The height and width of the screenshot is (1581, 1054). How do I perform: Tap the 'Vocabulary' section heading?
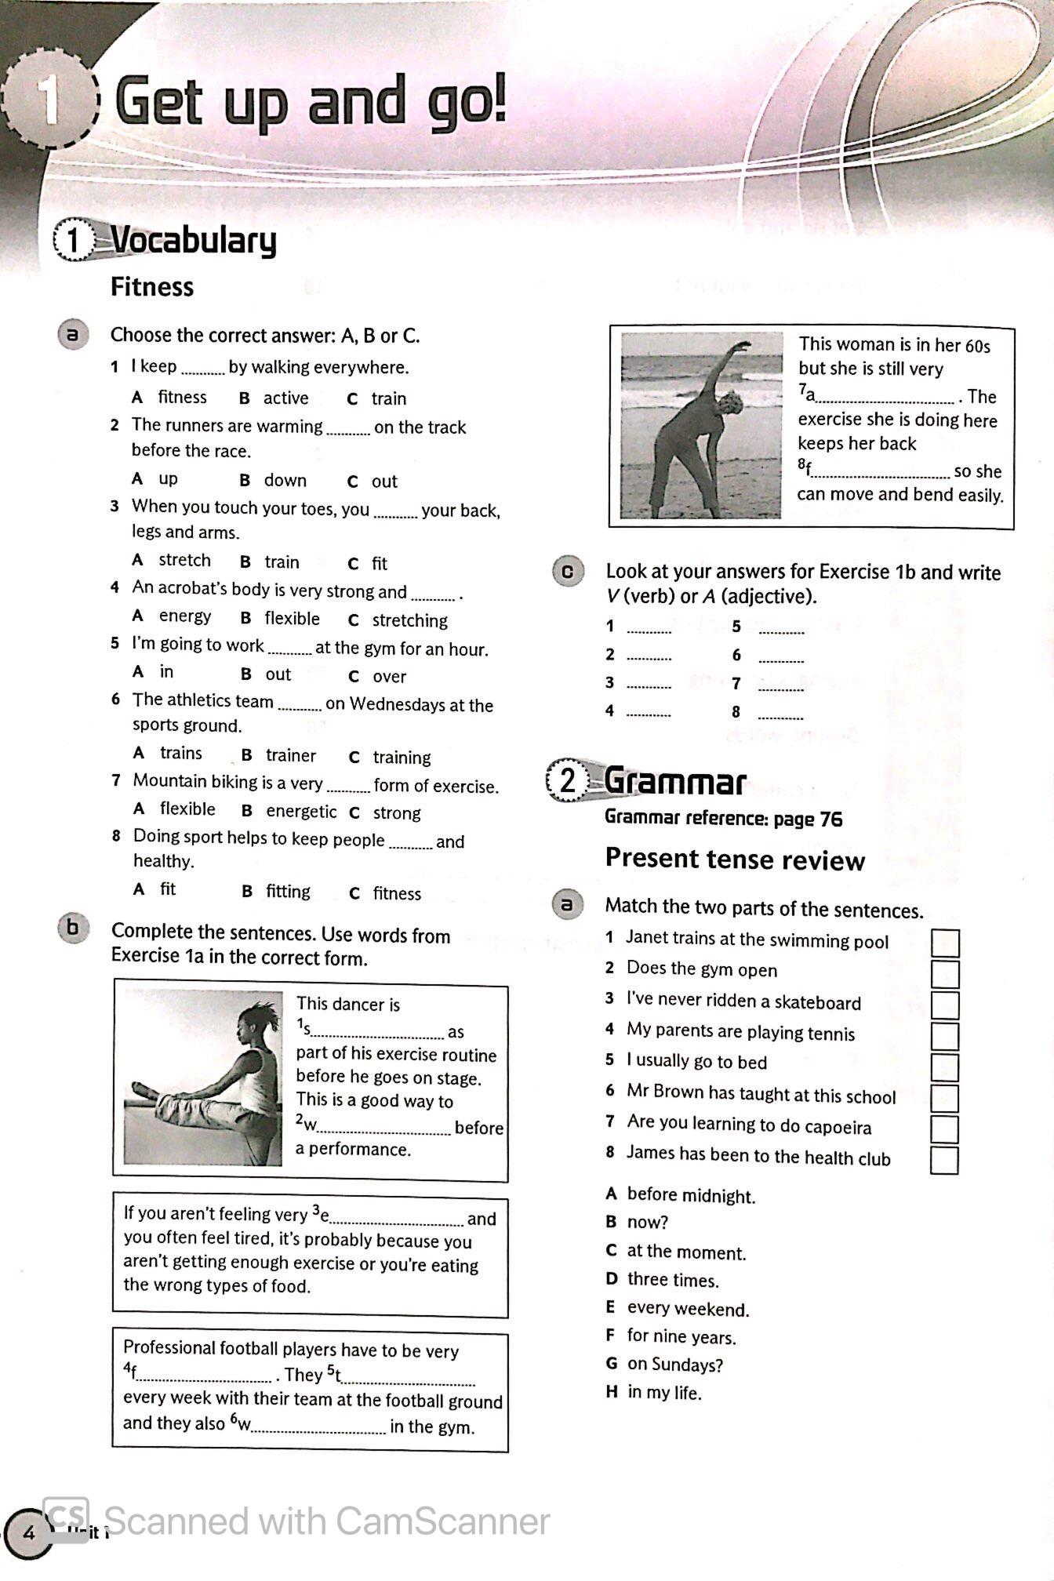click(x=194, y=240)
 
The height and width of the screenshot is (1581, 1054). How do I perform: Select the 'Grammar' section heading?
click(x=674, y=781)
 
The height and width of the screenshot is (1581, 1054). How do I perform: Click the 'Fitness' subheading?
click(x=152, y=287)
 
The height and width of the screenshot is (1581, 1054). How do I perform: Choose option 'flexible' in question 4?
click(x=292, y=619)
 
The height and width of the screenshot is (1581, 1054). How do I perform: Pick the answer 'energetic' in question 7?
click(x=301, y=811)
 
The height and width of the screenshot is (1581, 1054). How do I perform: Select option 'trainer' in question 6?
click(x=290, y=755)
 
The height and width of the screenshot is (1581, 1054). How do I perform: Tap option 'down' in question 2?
click(x=285, y=480)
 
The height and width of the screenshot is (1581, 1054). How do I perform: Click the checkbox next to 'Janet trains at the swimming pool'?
click(x=945, y=943)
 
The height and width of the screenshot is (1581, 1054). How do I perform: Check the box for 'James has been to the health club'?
click(x=944, y=1160)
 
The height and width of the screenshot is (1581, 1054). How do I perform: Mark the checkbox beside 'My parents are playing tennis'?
click(x=945, y=1036)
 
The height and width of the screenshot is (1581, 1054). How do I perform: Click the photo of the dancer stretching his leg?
click(x=203, y=1078)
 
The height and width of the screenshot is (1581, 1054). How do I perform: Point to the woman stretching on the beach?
click(x=700, y=425)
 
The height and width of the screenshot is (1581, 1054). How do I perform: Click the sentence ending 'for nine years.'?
click(x=681, y=1336)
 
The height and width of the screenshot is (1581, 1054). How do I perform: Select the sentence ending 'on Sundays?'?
click(x=674, y=1365)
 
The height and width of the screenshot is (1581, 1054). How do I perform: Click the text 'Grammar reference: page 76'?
click(x=723, y=819)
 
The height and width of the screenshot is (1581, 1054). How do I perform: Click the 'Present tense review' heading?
click(x=735, y=860)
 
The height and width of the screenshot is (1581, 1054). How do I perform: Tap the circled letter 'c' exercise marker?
click(x=569, y=572)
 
